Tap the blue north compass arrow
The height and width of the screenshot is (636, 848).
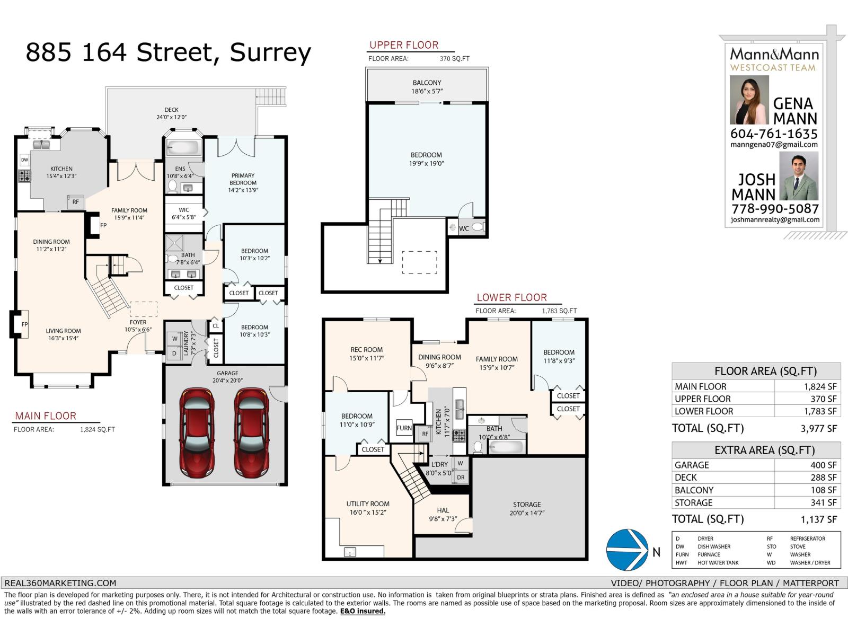coord(628,550)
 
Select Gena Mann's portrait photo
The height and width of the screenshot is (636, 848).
coord(749,100)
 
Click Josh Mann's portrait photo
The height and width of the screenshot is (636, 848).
coord(799,176)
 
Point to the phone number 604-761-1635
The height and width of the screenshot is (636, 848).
coord(773,134)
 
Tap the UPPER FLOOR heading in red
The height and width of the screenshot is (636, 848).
coord(404,45)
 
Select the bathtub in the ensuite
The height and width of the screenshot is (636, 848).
coord(183,147)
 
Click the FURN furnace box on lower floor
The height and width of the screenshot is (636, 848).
coord(404,428)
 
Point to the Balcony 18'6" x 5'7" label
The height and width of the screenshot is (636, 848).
coord(427,86)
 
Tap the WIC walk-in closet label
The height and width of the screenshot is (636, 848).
coord(184,213)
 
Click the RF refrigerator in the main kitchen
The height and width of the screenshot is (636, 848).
coord(75,201)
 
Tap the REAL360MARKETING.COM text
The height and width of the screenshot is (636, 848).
coord(60,583)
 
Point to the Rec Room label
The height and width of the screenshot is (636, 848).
coord(366,354)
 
